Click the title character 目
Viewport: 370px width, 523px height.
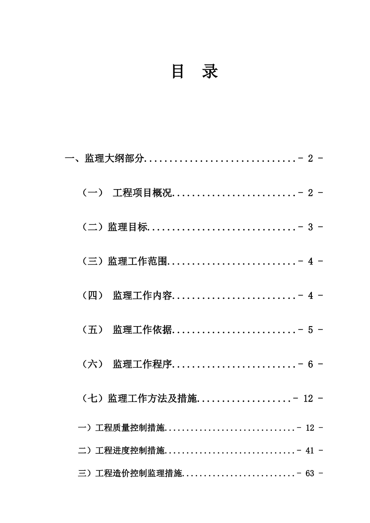coord(178,72)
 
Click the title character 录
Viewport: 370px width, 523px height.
coord(210,72)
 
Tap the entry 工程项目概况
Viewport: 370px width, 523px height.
coord(142,193)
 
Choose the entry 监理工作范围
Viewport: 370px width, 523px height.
coord(137,261)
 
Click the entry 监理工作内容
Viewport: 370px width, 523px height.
coord(142,296)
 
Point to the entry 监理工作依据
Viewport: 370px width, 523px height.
coord(142,330)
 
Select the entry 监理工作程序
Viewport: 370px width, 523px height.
coord(142,365)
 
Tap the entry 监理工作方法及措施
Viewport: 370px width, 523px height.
coord(152,399)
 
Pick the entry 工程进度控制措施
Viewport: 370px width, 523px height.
coord(130,451)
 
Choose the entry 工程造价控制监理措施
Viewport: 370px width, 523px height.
coord(139,474)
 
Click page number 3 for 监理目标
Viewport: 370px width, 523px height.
coord(310,227)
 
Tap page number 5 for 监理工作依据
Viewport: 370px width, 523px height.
coord(310,330)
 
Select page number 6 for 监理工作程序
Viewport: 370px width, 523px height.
coord(310,365)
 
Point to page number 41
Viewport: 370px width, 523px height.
coord(310,451)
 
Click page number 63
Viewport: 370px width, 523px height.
coord(310,474)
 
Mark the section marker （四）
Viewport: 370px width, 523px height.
coord(93,296)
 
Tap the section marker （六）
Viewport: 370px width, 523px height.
coord(93,365)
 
